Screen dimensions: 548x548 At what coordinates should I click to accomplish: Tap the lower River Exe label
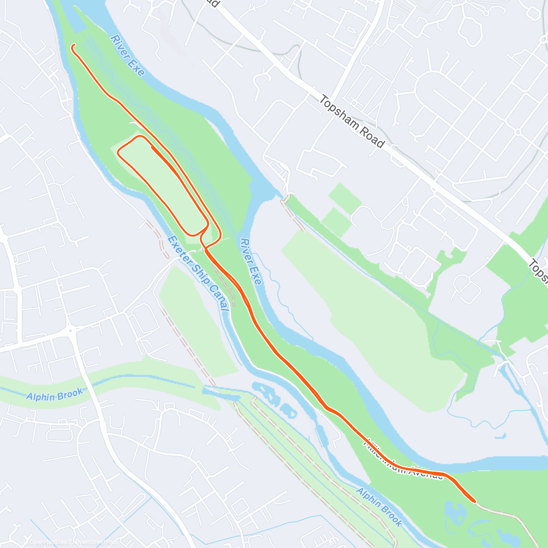click(251, 261)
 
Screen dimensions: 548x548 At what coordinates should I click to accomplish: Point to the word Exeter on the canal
click(179, 250)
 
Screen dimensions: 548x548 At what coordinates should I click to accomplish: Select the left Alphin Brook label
click(55, 394)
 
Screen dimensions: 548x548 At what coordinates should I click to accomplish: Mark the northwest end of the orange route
click(73, 45)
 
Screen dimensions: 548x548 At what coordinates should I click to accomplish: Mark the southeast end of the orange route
click(475, 501)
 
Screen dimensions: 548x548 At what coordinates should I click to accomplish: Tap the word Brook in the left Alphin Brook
click(71, 392)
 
